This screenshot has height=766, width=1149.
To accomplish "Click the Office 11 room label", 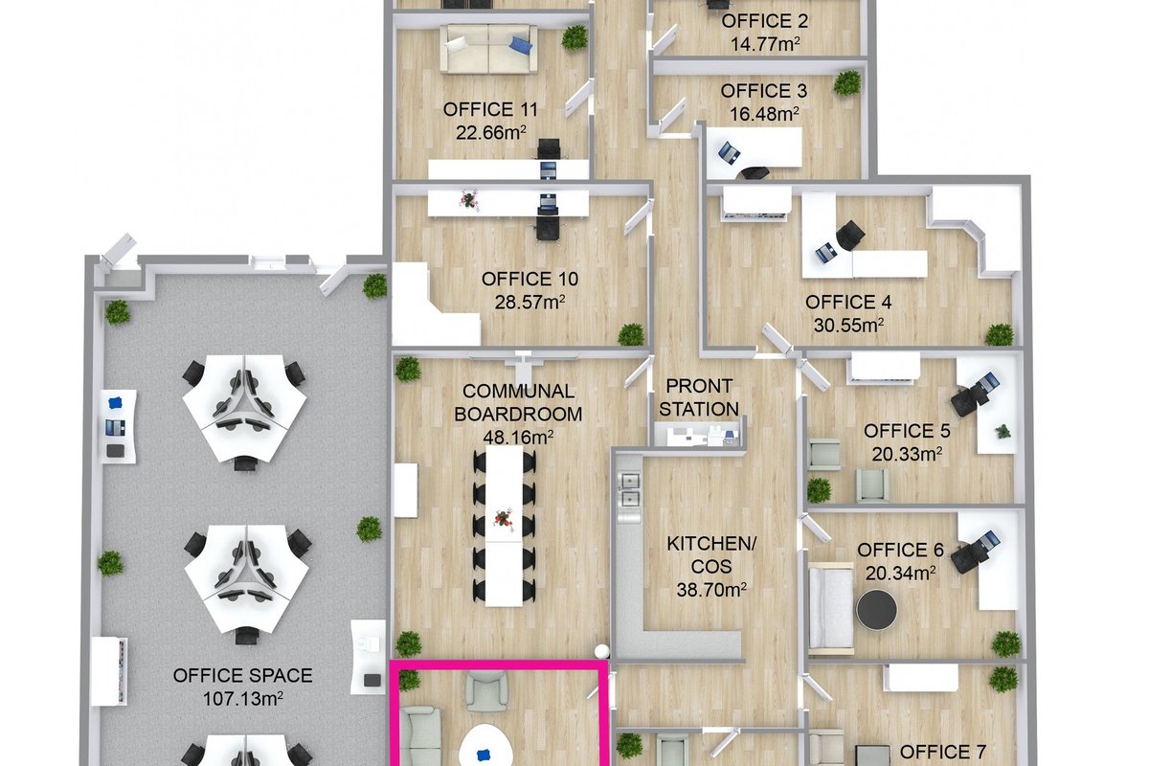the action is [x=490, y=109].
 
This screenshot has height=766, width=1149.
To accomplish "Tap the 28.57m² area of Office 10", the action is [x=529, y=303].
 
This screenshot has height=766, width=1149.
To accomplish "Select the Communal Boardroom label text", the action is [x=518, y=403].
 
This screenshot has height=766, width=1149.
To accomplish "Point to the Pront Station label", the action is [x=699, y=397].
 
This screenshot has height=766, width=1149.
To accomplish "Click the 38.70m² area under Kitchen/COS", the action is [x=710, y=590].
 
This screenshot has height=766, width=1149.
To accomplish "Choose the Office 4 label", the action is [x=848, y=302].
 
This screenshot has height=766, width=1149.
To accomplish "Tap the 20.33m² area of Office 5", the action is [x=907, y=454].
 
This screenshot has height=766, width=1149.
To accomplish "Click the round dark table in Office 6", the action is [x=877, y=610].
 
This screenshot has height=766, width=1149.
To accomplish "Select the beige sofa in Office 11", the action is [x=489, y=49].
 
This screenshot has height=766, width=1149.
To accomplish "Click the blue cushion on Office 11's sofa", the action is [x=521, y=45].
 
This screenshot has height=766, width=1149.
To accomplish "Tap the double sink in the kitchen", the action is [x=629, y=490].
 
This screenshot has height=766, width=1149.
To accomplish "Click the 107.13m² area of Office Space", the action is [x=242, y=699].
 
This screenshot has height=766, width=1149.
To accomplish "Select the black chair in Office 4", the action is [x=850, y=236].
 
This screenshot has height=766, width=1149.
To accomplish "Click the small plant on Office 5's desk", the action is [x=1003, y=431].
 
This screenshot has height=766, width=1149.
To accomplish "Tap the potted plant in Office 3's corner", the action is [x=846, y=83].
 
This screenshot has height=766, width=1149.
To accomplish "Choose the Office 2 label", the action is [x=765, y=21].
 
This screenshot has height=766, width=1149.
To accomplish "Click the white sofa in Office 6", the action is [x=831, y=610].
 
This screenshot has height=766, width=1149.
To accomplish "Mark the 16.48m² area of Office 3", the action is [x=764, y=114].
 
